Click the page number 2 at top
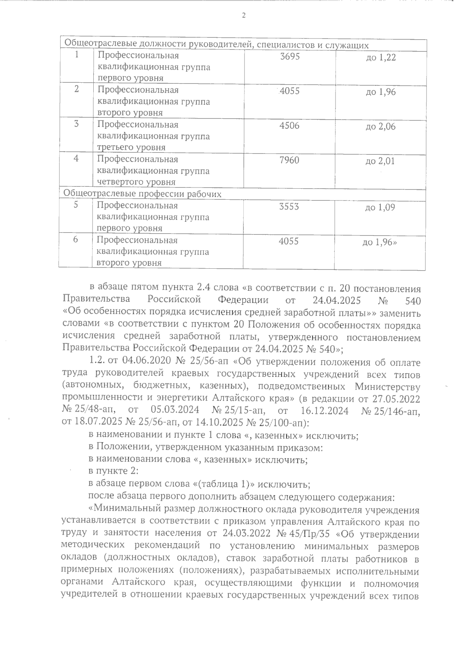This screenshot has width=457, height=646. pyautogui.click(x=243, y=16)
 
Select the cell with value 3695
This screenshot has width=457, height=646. pyautogui.click(x=290, y=56)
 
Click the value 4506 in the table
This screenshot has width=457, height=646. pyautogui.click(x=289, y=125)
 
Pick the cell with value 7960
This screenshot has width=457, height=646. pyautogui.click(x=289, y=160)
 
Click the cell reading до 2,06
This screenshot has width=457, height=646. pyautogui.click(x=380, y=127)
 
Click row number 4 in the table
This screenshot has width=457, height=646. pyautogui.click(x=76, y=158)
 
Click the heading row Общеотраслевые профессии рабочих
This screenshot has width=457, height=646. pyautogui.click(x=142, y=194)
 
